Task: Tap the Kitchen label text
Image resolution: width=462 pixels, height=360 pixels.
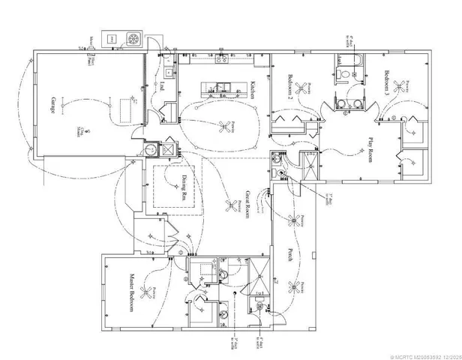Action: tap(255, 91)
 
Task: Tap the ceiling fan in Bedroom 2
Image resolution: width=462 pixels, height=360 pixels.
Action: tap(303, 87)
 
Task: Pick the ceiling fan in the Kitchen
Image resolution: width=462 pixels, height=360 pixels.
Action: tap(221, 127)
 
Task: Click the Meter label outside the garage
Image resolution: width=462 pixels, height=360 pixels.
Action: tap(91, 38)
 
